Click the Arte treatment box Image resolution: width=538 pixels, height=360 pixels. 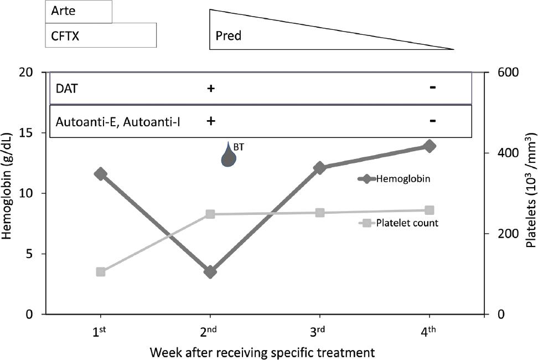(x=79, y=12)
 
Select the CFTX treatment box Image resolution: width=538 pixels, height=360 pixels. (x=101, y=35)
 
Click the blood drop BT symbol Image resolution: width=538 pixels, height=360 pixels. (x=229, y=155)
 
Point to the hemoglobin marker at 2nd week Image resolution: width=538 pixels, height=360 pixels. (x=210, y=272)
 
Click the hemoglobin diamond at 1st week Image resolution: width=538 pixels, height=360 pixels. (x=100, y=174)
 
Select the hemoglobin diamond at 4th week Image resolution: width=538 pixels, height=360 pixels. (x=430, y=146)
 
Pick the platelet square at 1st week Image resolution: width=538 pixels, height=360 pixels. (x=100, y=272)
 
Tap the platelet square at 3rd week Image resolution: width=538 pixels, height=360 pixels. (x=320, y=213)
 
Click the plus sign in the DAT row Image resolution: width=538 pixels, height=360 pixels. (x=210, y=89)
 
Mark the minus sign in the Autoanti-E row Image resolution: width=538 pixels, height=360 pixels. (x=433, y=121)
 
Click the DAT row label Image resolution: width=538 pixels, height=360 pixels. (x=64, y=89)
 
